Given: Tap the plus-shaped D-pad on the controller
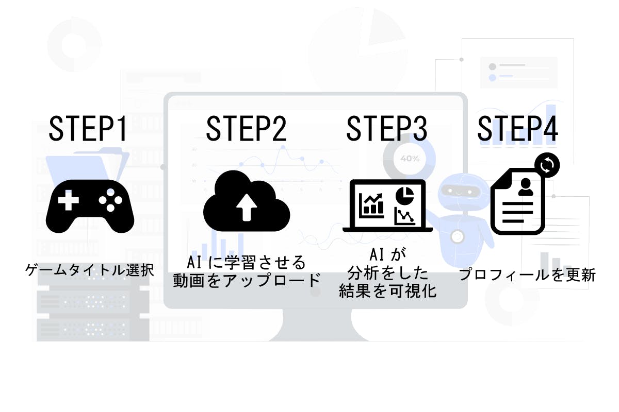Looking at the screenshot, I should (68, 200).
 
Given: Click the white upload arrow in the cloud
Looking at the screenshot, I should (247, 207).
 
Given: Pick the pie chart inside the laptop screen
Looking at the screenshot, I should (405, 195).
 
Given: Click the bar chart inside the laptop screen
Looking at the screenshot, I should (373, 204).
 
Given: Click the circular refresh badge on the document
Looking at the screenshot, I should (547, 165).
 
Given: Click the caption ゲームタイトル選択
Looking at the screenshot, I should (90, 269).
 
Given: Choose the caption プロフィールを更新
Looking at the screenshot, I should (527, 275).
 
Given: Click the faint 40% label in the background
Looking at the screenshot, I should (410, 159).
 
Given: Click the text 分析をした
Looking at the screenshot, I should (387, 272).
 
